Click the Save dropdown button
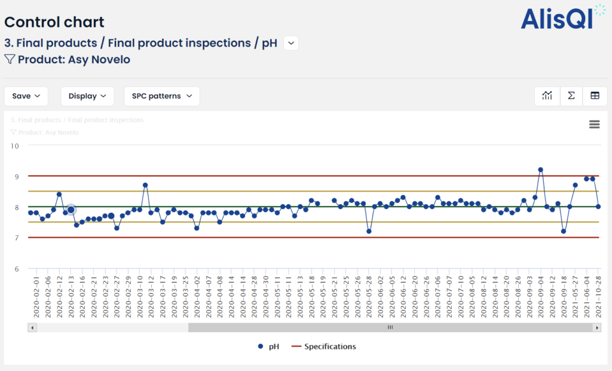(26, 96)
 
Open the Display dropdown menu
(87, 96)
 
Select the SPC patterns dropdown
(161, 96)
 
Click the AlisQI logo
(556, 18)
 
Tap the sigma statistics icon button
(571, 96)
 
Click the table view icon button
(595, 96)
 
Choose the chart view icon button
(547, 96)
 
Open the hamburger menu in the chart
(594, 124)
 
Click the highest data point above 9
(541, 170)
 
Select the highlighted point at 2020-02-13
(71, 210)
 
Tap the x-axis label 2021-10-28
(598, 297)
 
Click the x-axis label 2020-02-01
(36, 297)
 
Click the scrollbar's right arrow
(596, 327)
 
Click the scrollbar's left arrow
(32, 327)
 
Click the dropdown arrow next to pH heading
(290, 43)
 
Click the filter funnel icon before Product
(10, 59)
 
